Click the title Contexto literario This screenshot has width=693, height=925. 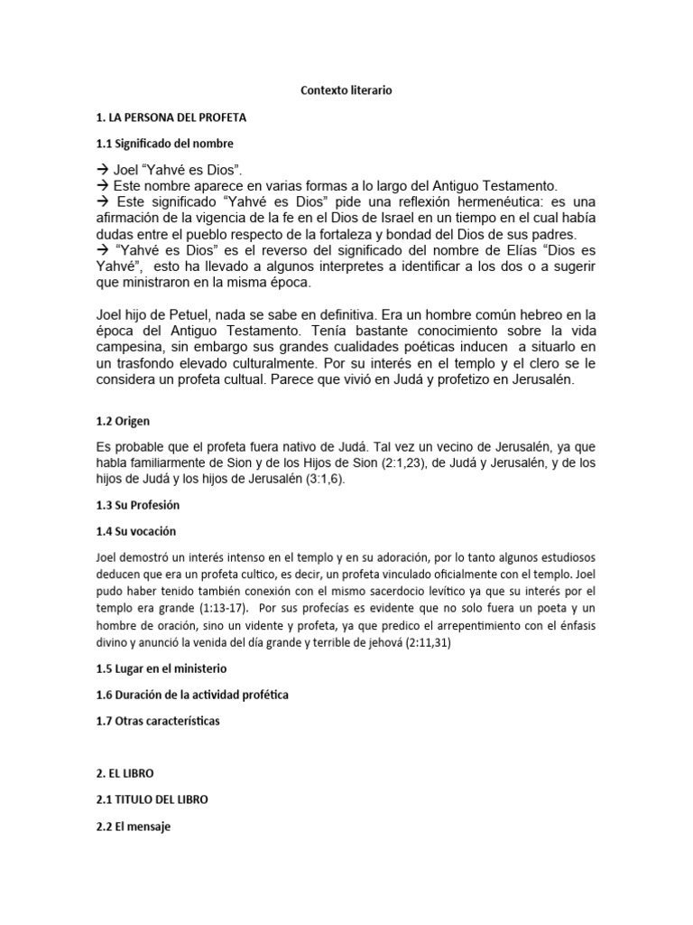point(346,91)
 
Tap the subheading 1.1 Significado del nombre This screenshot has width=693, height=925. point(165,144)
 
